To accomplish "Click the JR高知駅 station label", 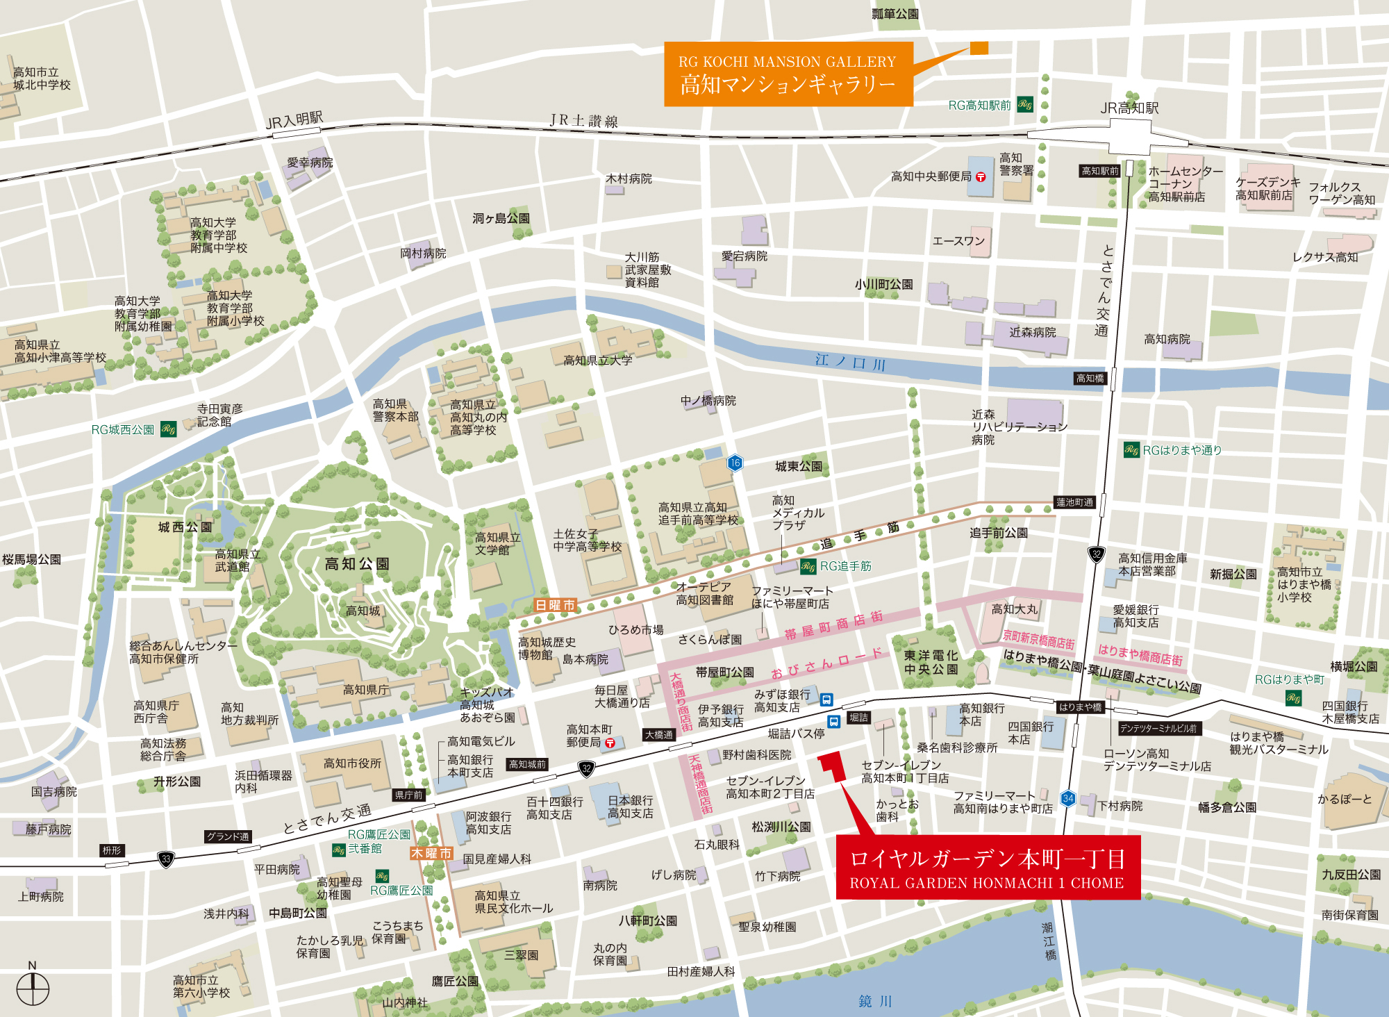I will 1129,108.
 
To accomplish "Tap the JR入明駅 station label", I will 294,120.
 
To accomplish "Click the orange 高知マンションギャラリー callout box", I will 788,74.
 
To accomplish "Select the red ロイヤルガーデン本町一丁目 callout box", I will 988,868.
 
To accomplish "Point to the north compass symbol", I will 33,987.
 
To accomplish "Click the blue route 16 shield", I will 735,463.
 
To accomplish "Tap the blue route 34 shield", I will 1068,798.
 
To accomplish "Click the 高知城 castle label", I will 363,611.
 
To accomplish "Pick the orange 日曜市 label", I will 555,605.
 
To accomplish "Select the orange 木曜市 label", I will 431,853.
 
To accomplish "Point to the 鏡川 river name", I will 875,1001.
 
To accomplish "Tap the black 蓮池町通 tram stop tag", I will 1074,502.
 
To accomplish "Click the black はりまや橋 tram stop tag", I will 1080,707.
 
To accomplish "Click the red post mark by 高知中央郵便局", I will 981,177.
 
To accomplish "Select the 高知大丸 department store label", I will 1014,609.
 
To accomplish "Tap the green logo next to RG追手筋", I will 808,566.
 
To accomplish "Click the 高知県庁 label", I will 366,690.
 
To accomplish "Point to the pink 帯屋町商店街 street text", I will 833,625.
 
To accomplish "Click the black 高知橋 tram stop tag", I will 1090,379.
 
